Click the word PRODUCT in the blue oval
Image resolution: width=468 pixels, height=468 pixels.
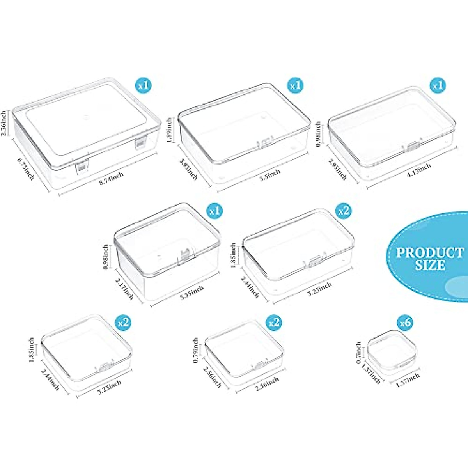430,252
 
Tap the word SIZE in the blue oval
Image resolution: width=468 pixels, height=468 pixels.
430,266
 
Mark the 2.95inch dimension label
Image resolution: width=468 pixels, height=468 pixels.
337,169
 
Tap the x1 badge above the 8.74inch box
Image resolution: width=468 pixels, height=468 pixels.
143,85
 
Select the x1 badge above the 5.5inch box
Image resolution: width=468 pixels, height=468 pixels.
295,85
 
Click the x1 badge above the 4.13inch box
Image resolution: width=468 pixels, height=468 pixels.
438,85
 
